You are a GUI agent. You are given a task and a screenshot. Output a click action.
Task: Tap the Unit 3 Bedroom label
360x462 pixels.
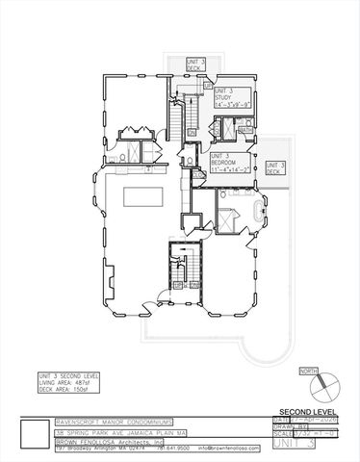pyautogui.click(x=227, y=161)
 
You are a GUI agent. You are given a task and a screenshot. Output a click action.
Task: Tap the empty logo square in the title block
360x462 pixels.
pyautogui.click(x=36, y=433)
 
